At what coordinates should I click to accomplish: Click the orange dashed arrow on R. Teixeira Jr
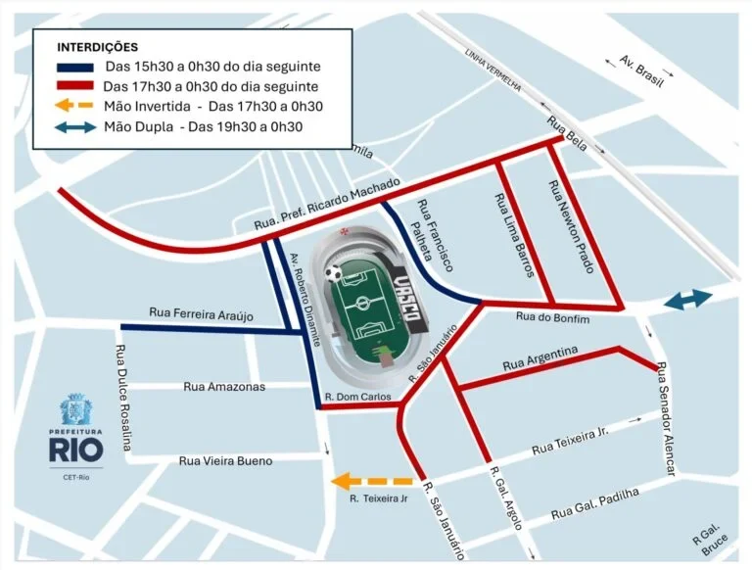(372, 481)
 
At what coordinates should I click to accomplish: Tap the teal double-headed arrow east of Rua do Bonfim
(688, 301)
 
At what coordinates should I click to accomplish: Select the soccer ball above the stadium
(335, 273)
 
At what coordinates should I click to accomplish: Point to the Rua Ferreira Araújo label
(201, 313)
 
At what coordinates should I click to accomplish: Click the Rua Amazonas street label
(224, 387)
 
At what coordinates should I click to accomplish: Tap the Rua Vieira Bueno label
(225, 460)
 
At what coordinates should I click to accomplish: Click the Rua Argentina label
(540, 358)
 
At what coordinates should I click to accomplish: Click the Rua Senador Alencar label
(665, 421)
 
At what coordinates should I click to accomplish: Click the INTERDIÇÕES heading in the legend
(97, 47)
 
